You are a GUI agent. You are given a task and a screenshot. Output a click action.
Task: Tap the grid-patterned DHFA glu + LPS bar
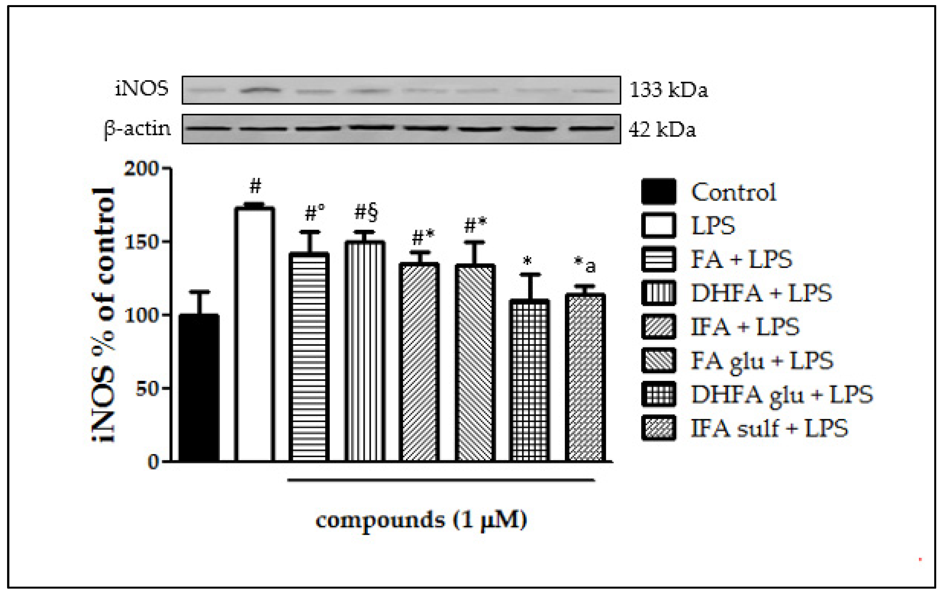[529, 380]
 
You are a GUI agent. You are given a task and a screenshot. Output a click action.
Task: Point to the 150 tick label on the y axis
[141, 242]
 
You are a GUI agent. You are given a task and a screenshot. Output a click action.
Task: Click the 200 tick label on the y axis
[141, 169]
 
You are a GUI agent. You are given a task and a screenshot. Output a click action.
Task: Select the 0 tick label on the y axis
[153, 462]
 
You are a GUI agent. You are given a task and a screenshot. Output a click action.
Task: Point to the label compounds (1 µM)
[421, 520]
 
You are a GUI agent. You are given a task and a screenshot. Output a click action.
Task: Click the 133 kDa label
[668, 90]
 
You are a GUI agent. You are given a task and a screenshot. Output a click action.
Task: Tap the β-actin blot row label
[137, 129]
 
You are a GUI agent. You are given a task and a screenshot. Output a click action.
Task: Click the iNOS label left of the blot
[142, 89]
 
